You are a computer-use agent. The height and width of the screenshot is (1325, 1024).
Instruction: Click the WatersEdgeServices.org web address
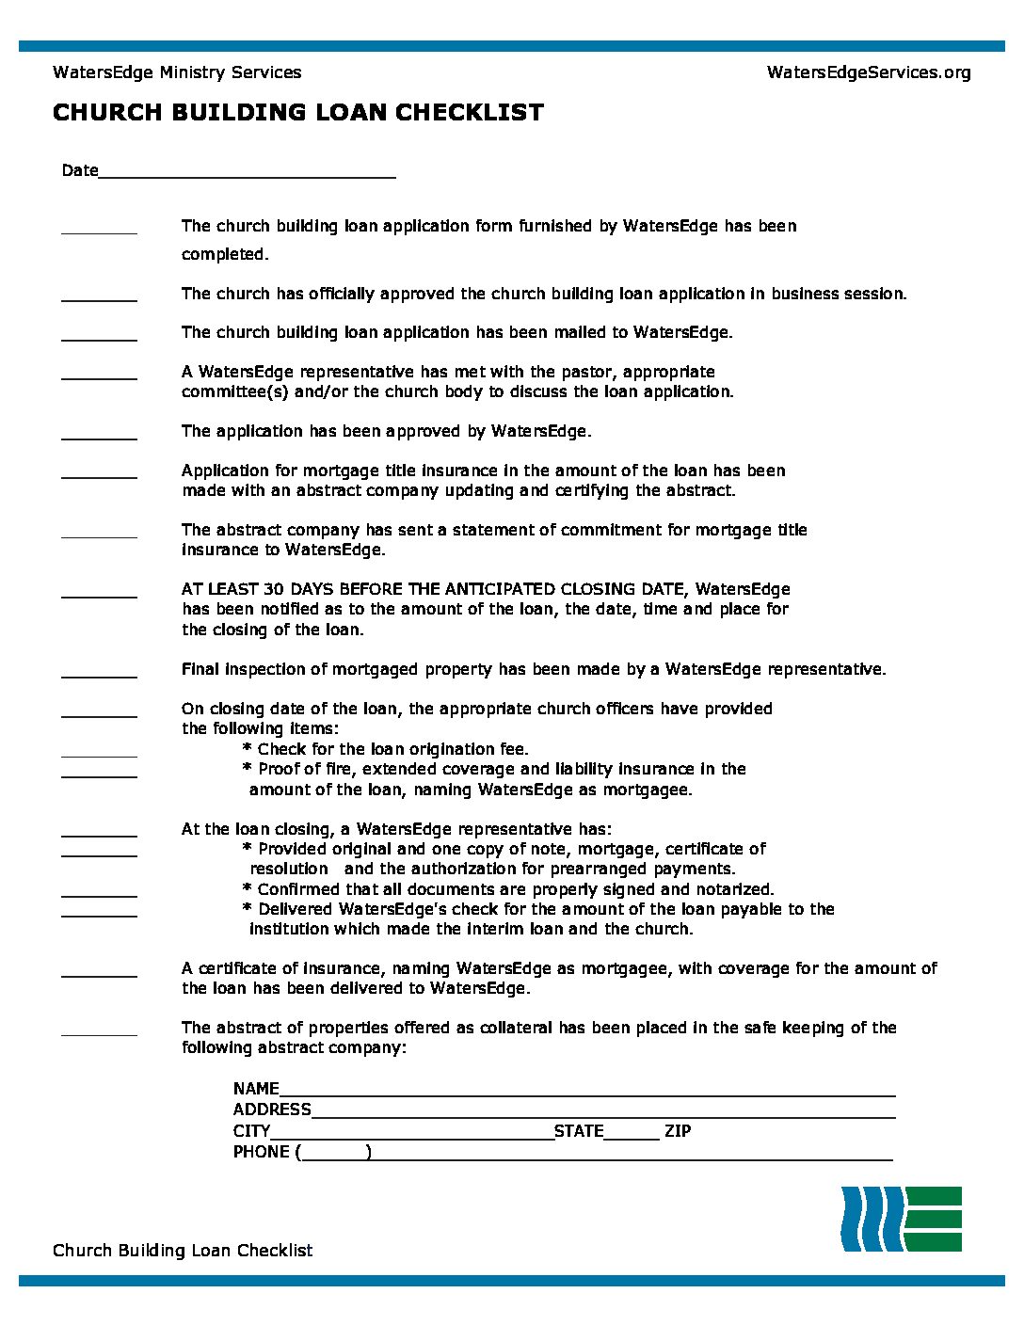(868, 72)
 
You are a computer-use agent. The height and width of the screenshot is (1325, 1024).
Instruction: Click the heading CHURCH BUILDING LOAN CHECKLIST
(297, 113)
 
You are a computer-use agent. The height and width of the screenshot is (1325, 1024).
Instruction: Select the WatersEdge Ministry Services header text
(177, 72)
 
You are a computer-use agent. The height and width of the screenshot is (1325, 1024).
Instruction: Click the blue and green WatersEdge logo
(901, 1219)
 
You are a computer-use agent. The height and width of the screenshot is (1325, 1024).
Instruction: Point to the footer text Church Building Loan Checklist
(183, 1250)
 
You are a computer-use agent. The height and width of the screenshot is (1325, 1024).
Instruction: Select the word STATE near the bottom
(579, 1131)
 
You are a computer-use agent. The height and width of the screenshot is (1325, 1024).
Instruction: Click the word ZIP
(678, 1131)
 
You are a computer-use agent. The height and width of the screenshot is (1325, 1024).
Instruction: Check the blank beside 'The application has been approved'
(99, 435)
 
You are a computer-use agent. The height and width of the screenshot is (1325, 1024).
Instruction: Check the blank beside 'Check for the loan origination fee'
(99, 753)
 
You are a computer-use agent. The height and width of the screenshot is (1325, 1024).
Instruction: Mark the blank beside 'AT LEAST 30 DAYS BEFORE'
(99, 593)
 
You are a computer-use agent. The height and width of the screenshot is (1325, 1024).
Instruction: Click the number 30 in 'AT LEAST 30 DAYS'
(274, 589)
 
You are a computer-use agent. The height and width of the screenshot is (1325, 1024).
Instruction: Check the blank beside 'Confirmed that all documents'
(99, 893)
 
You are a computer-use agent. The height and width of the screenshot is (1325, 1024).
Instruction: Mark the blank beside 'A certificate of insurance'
(99, 972)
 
